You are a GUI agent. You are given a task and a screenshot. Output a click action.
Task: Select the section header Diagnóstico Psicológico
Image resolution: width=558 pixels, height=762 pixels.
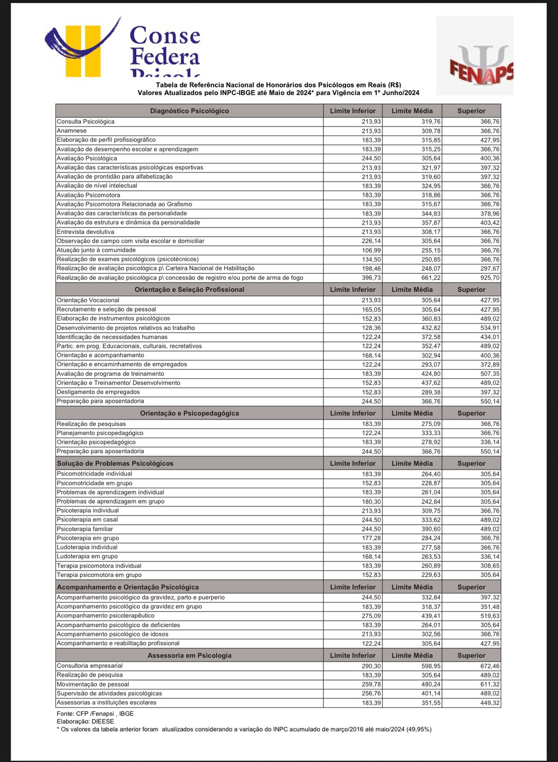189,111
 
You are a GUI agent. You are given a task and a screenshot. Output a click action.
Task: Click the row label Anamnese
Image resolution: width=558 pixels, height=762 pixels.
72,131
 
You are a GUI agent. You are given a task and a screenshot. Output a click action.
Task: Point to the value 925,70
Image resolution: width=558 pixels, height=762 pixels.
490,278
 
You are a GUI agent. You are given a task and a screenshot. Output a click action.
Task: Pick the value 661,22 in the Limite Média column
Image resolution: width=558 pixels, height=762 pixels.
431,278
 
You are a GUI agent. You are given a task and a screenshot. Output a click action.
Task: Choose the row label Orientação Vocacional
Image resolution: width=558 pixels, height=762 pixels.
88,300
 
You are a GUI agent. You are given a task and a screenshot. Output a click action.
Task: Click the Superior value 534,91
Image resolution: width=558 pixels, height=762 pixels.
490,328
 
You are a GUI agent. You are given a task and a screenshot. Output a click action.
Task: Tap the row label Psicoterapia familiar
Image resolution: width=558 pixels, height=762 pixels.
85,529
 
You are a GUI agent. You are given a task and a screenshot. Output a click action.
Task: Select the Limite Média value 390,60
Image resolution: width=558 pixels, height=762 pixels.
431,529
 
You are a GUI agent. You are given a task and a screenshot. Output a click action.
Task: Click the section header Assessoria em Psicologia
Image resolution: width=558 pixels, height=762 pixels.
189,655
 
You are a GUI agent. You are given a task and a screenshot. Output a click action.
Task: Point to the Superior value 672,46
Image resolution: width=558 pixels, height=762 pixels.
490,666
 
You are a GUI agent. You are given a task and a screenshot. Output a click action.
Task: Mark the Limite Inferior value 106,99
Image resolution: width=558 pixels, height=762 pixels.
371,250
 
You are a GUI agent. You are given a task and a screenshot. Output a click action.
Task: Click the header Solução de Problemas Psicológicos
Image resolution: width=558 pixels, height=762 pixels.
115,463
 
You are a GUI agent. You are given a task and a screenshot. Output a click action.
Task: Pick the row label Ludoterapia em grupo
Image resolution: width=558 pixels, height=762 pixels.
87,556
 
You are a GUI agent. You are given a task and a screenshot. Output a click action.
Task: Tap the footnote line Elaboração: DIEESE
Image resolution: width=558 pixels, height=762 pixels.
85,721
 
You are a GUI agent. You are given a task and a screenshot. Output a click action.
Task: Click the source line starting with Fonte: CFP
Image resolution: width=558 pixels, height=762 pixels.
95,714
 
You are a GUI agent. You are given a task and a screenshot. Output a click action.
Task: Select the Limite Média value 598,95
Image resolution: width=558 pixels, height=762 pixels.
431,666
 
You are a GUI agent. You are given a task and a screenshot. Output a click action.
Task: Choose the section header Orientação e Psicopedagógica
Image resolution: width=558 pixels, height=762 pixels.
189,413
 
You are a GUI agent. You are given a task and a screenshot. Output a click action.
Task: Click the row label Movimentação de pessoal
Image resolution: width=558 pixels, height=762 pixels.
93,684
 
